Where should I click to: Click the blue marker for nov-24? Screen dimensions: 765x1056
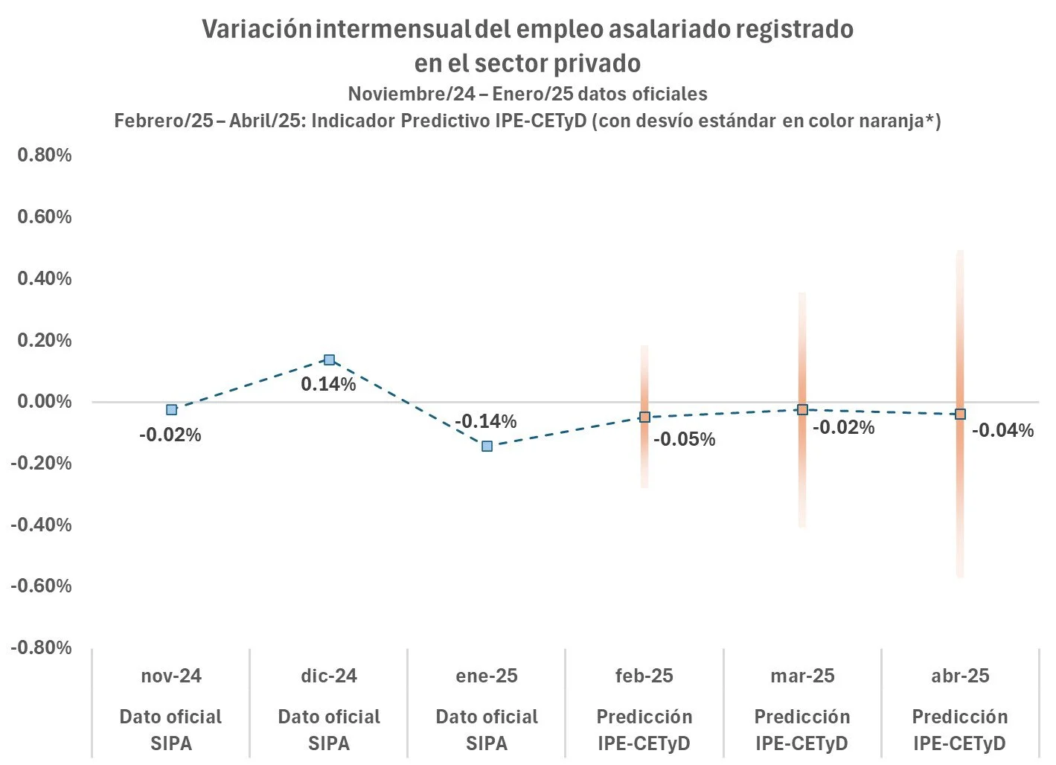pyautogui.click(x=172, y=409)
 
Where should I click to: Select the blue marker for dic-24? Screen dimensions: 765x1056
pyautogui.click(x=330, y=359)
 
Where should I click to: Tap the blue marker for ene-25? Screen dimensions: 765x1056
pyautogui.click(x=487, y=446)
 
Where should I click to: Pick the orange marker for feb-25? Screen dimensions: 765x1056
pyautogui.click(x=644, y=417)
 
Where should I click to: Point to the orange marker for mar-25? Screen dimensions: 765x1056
pyautogui.click(x=802, y=409)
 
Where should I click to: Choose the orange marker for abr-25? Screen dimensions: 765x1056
pyautogui.click(x=960, y=414)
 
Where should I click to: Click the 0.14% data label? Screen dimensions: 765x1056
pyautogui.click(x=328, y=384)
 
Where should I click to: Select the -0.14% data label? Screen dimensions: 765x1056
pyautogui.click(x=486, y=421)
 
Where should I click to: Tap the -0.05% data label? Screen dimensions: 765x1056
pyautogui.click(x=684, y=439)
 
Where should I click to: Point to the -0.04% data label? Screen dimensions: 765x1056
pyautogui.click(x=1002, y=430)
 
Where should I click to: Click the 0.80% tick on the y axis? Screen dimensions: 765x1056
pyautogui.click(x=44, y=155)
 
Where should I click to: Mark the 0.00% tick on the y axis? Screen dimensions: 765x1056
pyautogui.click(x=44, y=401)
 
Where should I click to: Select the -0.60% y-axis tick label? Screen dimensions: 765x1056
pyautogui.click(x=41, y=586)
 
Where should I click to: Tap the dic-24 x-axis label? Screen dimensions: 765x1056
pyautogui.click(x=329, y=676)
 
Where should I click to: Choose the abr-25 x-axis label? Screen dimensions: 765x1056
pyautogui.click(x=960, y=676)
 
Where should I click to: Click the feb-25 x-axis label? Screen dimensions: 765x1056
pyautogui.click(x=644, y=676)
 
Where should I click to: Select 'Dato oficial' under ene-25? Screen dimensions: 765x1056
pyautogui.click(x=487, y=717)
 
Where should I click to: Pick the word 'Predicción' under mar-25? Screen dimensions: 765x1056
pyautogui.click(x=802, y=717)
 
